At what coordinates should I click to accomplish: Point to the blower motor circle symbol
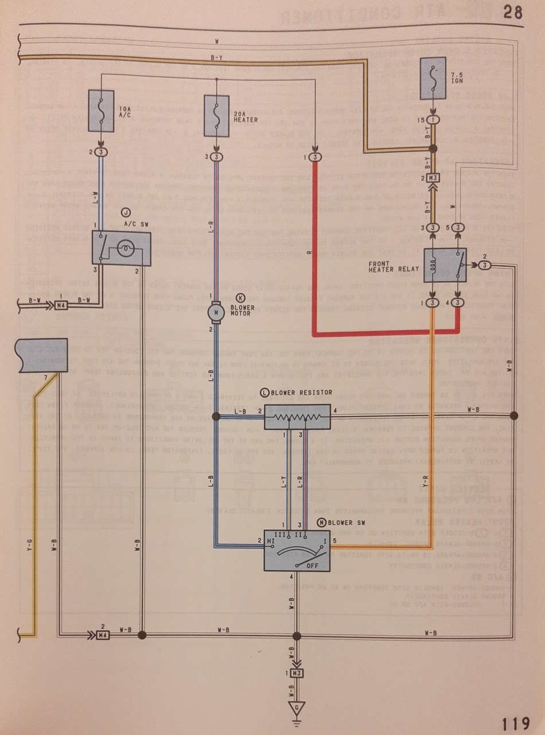(216, 313)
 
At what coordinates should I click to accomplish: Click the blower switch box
(297, 549)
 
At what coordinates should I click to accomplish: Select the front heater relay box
(445, 265)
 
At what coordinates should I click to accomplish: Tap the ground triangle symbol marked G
(297, 707)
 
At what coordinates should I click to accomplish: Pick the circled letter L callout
(264, 392)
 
